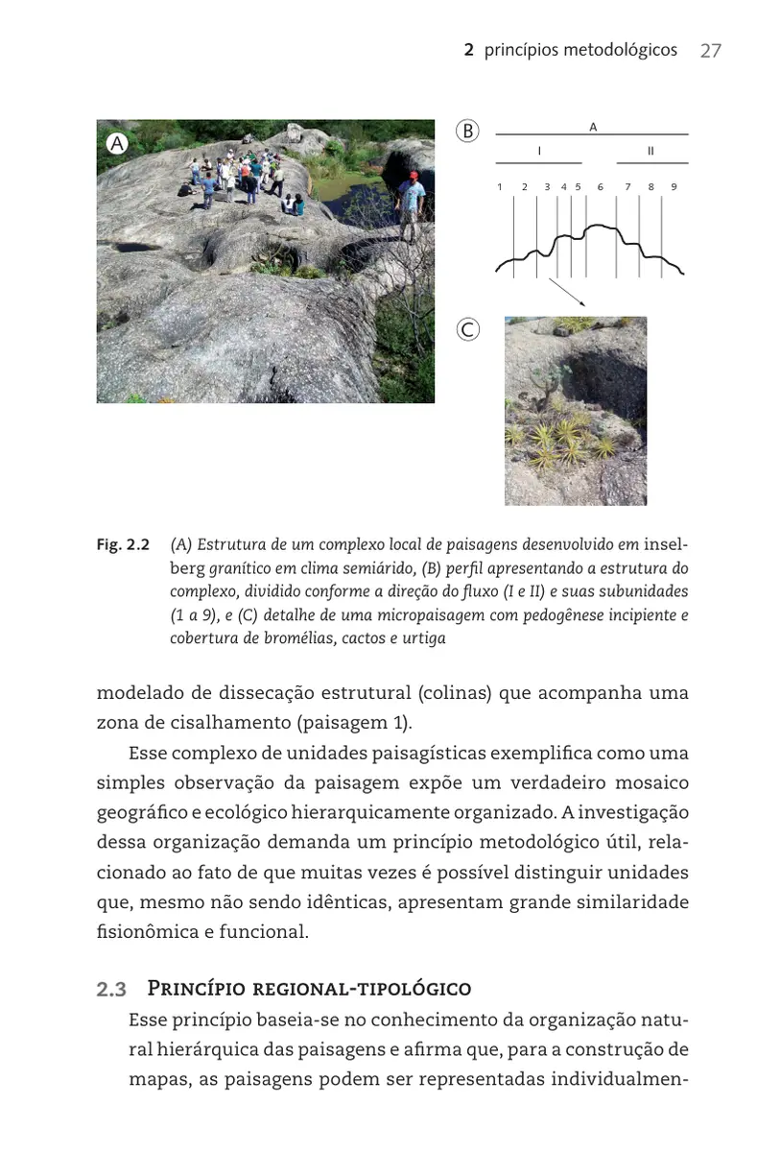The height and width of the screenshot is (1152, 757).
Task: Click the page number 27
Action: (710, 51)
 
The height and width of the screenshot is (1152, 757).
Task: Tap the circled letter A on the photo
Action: (117, 143)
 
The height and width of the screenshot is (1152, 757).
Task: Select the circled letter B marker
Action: (467, 132)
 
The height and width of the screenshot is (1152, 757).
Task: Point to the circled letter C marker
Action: (467, 330)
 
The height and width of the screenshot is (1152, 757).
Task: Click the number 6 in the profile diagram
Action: (600, 187)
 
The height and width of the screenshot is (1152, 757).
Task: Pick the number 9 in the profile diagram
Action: (674, 187)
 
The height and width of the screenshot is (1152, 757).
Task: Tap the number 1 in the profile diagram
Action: (500, 187)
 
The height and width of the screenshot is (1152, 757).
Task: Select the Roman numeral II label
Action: (651, 152)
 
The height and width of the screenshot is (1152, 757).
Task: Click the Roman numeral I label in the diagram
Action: (539, 152)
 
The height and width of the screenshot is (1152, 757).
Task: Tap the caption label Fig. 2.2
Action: (123, 545)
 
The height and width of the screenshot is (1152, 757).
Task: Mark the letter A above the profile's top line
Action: (593, 127)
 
